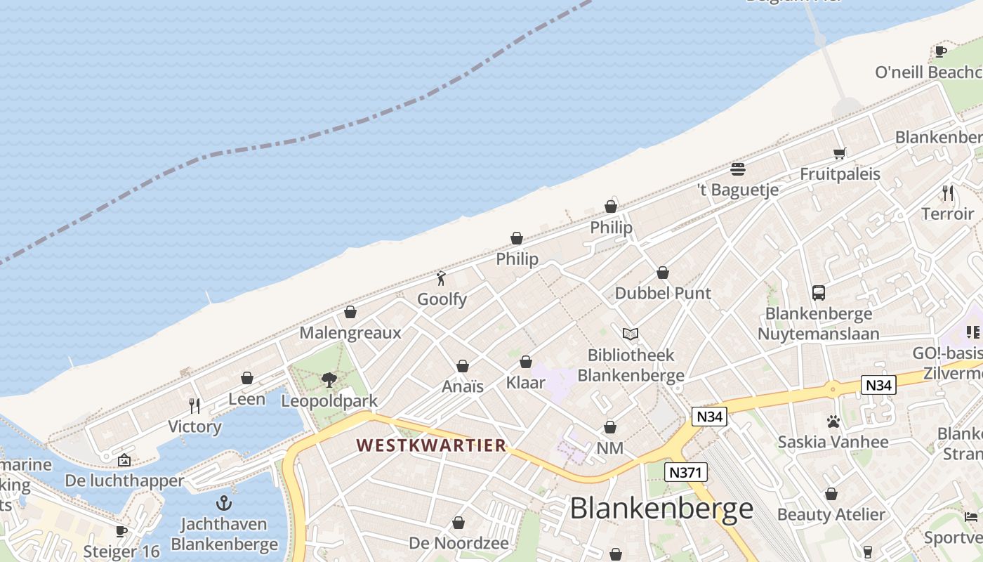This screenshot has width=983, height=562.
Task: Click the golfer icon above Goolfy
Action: click(441, 278)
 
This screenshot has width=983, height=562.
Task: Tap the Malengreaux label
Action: click(350, 332)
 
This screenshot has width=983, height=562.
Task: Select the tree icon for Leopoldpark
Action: click(329, 380)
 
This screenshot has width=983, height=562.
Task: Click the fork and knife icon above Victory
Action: click(194, 405)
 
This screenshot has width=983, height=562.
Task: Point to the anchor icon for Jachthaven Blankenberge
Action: click(223, 503)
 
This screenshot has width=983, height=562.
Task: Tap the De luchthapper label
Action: click(124, 481)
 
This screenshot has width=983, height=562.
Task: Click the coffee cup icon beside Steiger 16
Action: click(121, 531)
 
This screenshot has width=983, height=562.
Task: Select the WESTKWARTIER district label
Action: click(431, 445)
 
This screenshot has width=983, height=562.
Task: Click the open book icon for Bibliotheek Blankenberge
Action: click(631, 334)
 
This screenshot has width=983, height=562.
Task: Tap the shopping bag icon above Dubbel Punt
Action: click(663, 273)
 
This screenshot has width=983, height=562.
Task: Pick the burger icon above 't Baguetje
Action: click(737, 169)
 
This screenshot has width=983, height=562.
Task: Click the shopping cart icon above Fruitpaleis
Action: click(839, 153)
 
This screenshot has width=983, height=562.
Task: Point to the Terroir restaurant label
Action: click(947, 214)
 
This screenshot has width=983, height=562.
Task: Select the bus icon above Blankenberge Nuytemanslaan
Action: click(818, 292)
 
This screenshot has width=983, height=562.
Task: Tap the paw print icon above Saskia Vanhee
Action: click(833, 421)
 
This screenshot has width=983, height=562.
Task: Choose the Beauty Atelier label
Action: click(831, 514)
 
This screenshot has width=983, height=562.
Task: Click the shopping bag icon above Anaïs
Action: click(463, 366)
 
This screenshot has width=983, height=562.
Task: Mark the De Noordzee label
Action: click(458, 543)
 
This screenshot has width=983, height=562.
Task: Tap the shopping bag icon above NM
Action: click(610, 427)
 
